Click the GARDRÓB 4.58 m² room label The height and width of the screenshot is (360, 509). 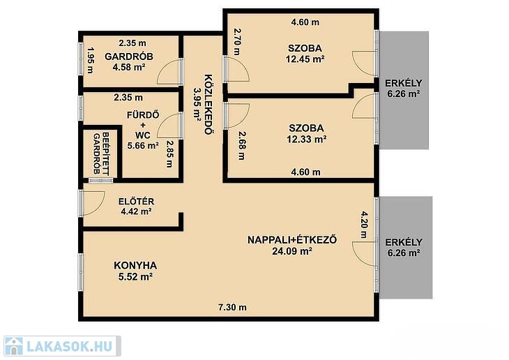[x=129, y=61]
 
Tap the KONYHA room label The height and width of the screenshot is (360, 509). [x=135, y=271]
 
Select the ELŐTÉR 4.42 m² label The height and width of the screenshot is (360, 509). [x=137, y=207]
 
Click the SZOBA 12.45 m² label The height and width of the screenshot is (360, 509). [x=305, y=54]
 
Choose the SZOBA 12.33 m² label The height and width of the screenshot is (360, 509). [x=306, y=133]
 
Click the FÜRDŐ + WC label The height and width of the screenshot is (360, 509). [x=143, y=130]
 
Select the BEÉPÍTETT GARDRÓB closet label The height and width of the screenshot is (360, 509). [x=101, y=153]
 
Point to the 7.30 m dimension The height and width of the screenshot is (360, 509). [x=232, y=307]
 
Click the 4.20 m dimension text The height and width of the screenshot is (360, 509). [x=364, y=225]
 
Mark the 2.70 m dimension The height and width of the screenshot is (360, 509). [x=238, y=42]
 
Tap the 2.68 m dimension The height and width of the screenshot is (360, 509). [x=242, y=145]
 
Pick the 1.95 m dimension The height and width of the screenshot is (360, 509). [x=90, y=61]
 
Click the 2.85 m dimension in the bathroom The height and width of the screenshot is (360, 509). [x=169, y=153]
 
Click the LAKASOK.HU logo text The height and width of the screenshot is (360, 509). [x=69, y=346]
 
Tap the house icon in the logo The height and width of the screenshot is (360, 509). [x=13, y=346]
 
